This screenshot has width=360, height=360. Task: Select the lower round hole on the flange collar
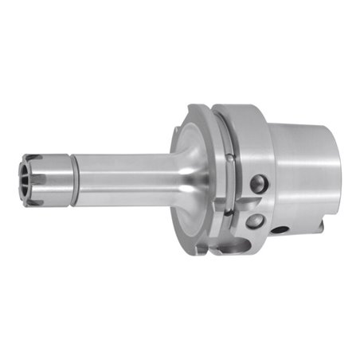click(x=257, y=219)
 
